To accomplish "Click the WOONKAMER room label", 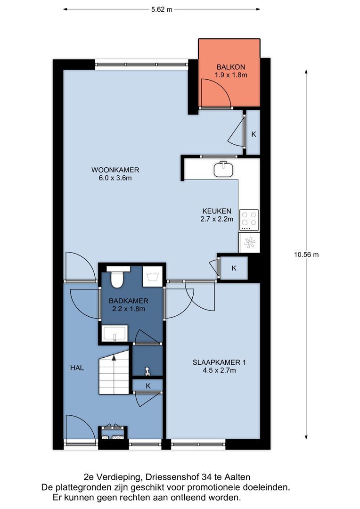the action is [115, 170].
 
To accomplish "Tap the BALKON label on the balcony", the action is [231, 67].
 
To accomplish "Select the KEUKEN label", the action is [217, 211].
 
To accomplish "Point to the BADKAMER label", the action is [129, 301].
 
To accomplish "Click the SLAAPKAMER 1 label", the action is [219, 362].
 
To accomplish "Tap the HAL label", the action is [77, 368].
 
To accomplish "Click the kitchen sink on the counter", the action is [223, 169].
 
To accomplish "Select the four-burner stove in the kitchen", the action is [249, 220].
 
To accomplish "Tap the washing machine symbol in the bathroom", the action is [153, 277].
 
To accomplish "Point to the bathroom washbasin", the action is [115, 334].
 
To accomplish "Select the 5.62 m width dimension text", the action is [162, 9].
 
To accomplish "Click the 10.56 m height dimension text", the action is [306, 255].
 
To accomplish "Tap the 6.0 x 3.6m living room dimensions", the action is [115, 178].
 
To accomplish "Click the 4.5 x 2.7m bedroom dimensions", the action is [219, 370].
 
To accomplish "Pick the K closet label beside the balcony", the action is [254, 134].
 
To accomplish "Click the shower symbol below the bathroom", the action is [147, 371].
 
